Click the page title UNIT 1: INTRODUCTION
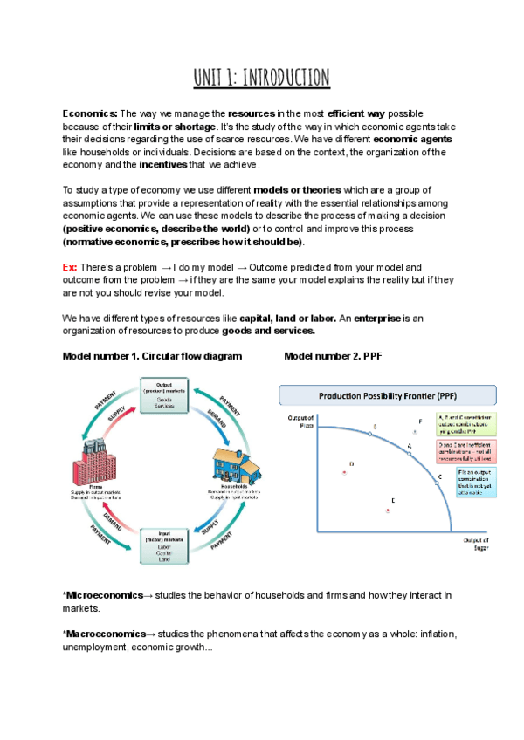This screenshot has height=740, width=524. coord(262,78)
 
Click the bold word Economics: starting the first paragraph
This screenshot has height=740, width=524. coord(90,113)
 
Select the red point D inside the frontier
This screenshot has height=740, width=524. coord(345,471)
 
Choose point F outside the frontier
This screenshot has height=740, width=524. coord(416,431)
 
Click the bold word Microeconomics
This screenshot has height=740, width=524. coord(103,594)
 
